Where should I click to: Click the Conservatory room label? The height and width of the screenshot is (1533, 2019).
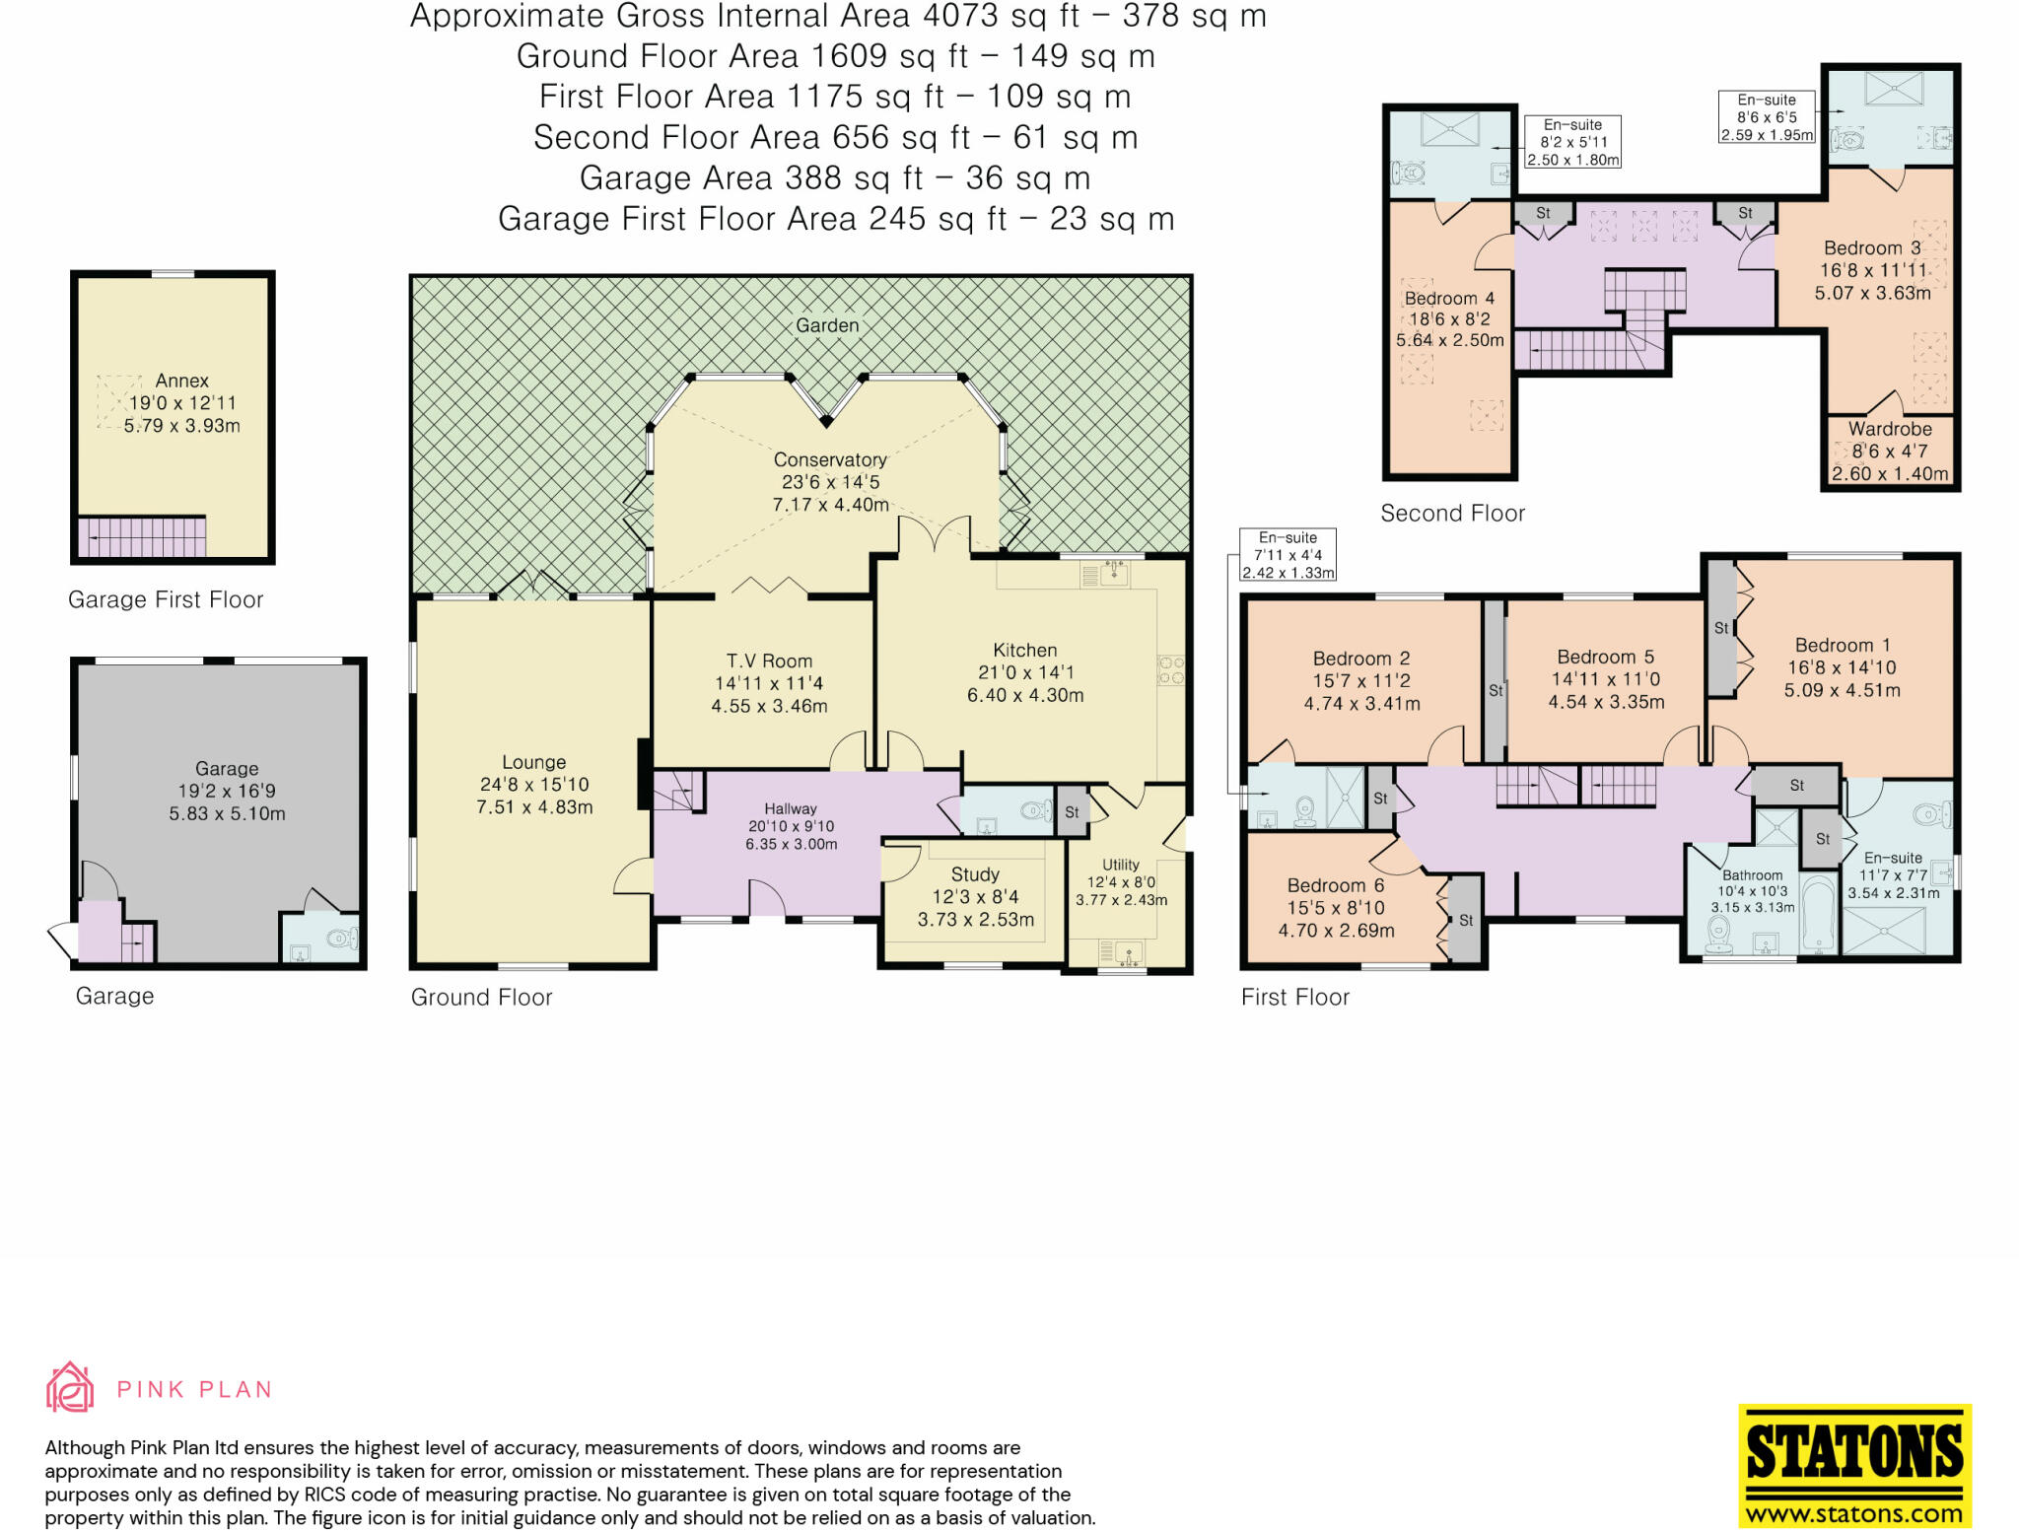click(830, 459)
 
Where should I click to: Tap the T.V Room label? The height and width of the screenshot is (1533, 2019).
click(769, 662)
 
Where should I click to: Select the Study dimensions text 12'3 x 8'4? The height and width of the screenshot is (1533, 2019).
click(975, 897)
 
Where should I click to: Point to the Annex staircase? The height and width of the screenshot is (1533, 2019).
click(143, 538)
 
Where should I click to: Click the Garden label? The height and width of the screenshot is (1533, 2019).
click(827, 325)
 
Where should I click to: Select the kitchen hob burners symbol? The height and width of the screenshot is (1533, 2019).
click(1170, 670)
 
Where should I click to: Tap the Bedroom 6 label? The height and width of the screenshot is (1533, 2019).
click(1336, 885)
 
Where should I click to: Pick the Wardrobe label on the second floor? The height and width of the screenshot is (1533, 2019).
click(1890, 429)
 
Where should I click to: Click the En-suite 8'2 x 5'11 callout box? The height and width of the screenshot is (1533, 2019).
click(1572, 142)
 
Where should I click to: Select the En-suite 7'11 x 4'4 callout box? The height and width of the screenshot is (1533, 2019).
click(1288, 555)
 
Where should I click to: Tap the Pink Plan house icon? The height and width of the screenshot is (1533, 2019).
click(70, 1388)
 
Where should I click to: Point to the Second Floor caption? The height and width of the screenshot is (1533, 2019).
click(1452, 514)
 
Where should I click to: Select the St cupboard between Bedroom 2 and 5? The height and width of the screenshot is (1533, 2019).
click(1496, 690)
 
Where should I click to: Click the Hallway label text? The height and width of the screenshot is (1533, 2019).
click(791, 808)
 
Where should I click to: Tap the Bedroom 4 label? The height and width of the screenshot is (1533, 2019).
click(1449, 298)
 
